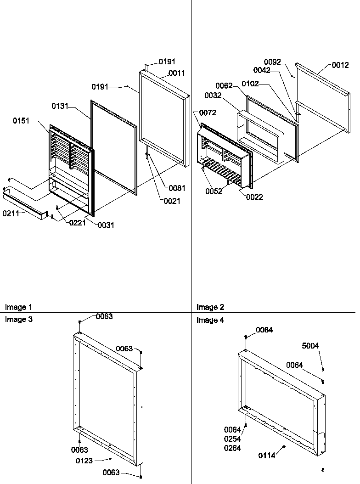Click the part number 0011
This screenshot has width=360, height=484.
pyautogui.click(x=177, y=73)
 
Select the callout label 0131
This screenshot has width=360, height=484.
pyautogui.click(x=60, y=106)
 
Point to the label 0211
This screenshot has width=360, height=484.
pyautogui.click(x=11, y=213)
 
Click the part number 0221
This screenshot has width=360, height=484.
pyautogui.click(x=78, y=222)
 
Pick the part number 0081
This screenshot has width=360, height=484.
pyautogui.click(x=177, y=188)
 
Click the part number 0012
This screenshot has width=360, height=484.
pyautogui.click(x=340, y=66)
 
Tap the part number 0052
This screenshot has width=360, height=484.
pyautogui.click(x=214, y=191)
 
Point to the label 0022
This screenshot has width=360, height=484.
pyautogui.click(x=254, y=197)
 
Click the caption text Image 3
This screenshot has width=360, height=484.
pyautogui.click(x=18, y=320)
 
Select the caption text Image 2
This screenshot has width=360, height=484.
pyautogui.click(x=210, y=307)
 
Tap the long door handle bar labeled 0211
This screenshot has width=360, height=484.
pyautogui.click(x=25, y=203)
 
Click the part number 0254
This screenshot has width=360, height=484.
pyautogui.click(x=232, y=439)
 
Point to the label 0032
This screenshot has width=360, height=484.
pyautogui.click(x=214, y=96)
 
